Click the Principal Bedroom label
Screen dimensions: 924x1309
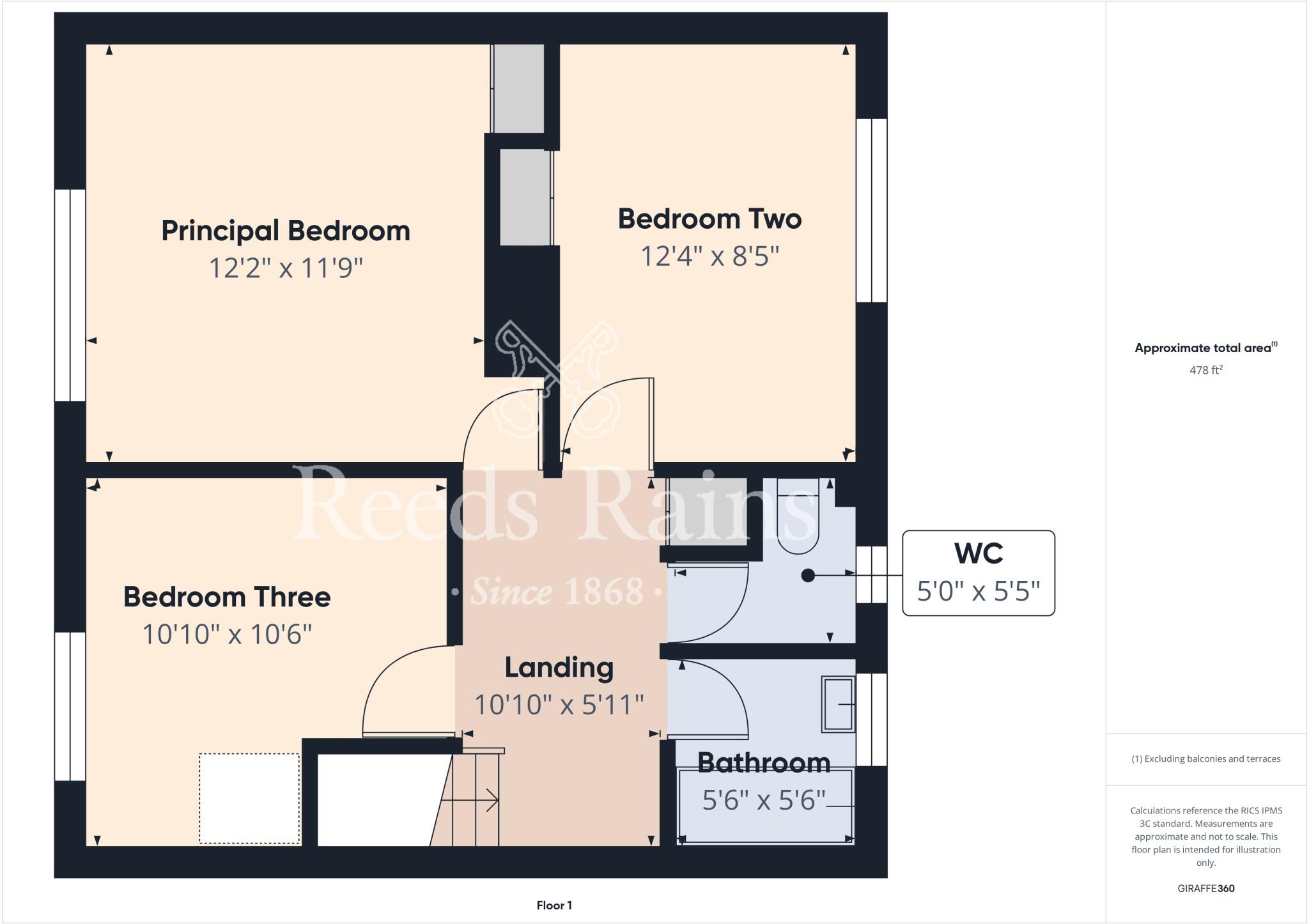(x=285, y=231)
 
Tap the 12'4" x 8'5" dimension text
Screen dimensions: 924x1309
(x=709, y=257)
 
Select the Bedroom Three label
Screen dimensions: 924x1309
(x=227, y=597)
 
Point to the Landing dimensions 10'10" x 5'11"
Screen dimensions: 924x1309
(x=559, y=705)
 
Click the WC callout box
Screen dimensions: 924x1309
(x=978, y=573)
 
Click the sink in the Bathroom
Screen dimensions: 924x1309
(x=839, y=704)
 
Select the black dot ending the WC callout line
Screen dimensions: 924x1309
(x=808, y=576)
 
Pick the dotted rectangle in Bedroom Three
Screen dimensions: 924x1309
(x=249, y=798)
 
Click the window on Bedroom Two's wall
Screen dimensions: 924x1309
(x=872, y=210)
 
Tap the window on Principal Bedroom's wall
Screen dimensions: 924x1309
(x=70, y=295)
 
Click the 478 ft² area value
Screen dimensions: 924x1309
(x=1205, y=370)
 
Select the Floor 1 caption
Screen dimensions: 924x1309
(x=554, y=905)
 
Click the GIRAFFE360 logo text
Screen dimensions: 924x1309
(x=1205, y=888)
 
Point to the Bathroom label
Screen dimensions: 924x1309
(x=763, y=762)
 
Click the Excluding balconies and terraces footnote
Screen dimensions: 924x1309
(x=1205, y=759)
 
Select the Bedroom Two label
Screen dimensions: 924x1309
(x=709, y=219)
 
